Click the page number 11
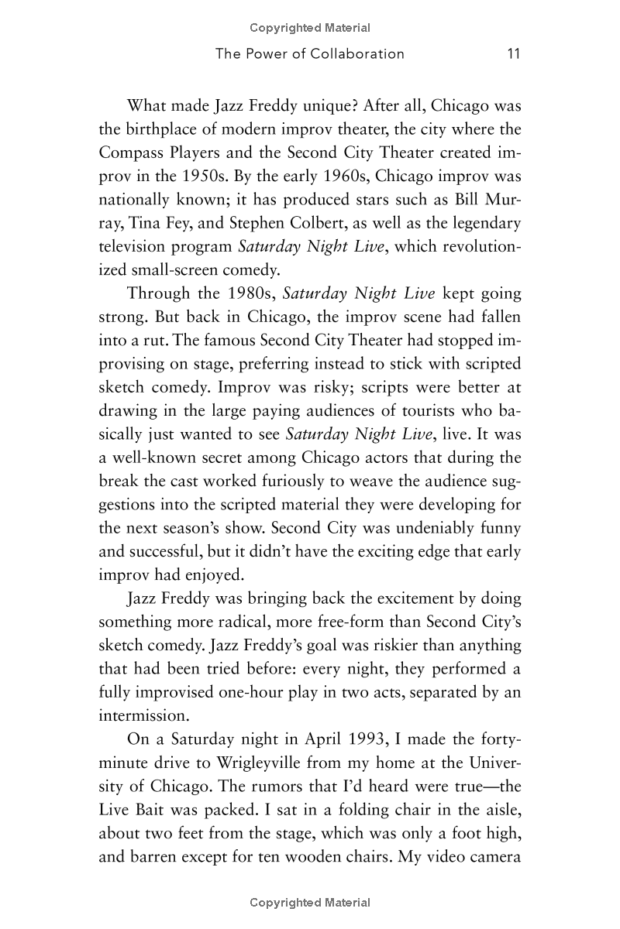pos(511,53)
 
